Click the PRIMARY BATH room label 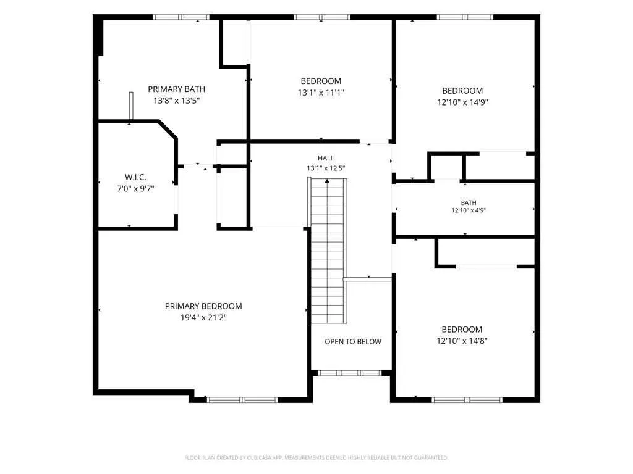point(176,89)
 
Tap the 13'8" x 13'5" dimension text point(177,101)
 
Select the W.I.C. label point(135,177)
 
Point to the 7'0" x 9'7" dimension point(135,188)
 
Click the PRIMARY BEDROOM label point(203,306)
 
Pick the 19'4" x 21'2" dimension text point(203,318)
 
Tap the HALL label point(326,158)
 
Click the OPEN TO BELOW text point(353,342)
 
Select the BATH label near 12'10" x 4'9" point(469,202)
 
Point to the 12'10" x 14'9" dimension point(462,102)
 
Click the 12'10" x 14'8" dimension point(462,341)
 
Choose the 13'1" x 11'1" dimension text point(321,93)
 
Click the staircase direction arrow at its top point(327,181)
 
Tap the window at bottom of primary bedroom point(242,400)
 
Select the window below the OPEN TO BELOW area point(350,373)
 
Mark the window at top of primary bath point(181,17)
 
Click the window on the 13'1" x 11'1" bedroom point(322,17)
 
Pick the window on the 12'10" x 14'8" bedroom point(467,400)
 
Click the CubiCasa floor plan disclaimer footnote point(316,457)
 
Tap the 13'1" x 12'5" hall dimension point(326,168)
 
